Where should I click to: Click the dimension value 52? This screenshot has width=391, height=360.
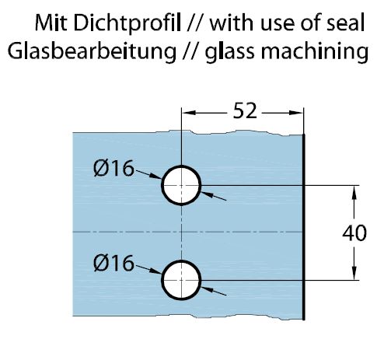point(245,111)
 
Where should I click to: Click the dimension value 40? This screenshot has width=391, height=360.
point(354,233)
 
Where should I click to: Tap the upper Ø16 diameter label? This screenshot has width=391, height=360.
point(113,168)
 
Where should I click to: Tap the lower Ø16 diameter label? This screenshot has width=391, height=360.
point(113,263)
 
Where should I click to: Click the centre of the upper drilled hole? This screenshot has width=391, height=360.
point(181,185)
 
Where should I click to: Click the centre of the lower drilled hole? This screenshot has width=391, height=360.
point(181,280)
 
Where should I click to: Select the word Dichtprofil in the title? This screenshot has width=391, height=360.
point(127,23)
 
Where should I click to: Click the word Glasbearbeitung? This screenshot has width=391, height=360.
point(92,51)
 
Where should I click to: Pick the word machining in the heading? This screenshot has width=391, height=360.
point(314,51)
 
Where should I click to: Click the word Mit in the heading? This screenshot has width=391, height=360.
point(51,23)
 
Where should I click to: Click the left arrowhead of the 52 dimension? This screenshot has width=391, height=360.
point(188,113)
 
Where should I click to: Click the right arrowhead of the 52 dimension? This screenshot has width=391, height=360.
point(296,113)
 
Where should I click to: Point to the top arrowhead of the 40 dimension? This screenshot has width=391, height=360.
point(354,192)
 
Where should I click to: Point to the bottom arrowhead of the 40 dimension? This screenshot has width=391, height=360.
point(354,274)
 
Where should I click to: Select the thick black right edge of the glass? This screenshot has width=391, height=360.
point(304,227)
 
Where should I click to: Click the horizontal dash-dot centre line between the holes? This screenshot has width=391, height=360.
point(187,232)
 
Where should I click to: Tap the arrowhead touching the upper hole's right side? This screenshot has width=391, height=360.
point(208,194)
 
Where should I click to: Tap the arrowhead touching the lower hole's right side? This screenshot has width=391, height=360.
point(208,289)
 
